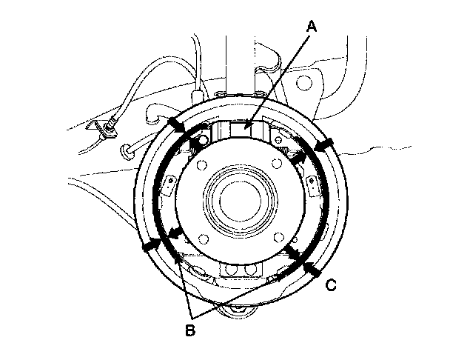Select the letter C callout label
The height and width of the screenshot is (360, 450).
click(332, 284)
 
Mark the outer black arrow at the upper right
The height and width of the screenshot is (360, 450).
click(326, 142)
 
